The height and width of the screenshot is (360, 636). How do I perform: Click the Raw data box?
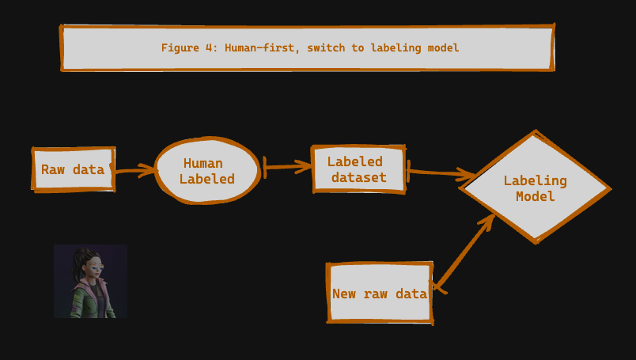pyautogui.click(x=73, y=169)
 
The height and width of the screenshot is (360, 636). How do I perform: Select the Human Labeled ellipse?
pyautogui.click(x=206, y=171)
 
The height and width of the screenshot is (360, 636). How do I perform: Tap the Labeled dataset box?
pyautogui.click(x=358, y=169)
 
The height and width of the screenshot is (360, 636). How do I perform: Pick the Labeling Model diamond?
pyautogui.click(x=536, y=188)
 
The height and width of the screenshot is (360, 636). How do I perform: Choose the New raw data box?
pyautogui.click(x=380, y=294)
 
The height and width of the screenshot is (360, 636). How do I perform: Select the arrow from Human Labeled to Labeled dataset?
pyautogui.click(x=286, y=166)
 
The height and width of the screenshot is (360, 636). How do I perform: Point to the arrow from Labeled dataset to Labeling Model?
pyautogui.click(x=440, y=172)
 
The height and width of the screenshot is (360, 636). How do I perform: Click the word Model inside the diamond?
pyautogui.click(x=536, y=196)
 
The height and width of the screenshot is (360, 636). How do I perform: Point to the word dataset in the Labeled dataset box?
pyautogui.click(x=359, y=177)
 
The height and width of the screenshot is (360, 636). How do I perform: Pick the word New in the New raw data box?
pyautogui.click(x=344, y=294)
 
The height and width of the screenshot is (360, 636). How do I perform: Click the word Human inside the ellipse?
pyautogui.click(x=203, y=163)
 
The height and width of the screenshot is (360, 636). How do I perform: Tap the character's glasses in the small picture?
pyautogui.click(x=97, y=267)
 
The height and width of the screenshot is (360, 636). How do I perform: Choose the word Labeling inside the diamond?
pyautogui.click(x=536, y=180)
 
